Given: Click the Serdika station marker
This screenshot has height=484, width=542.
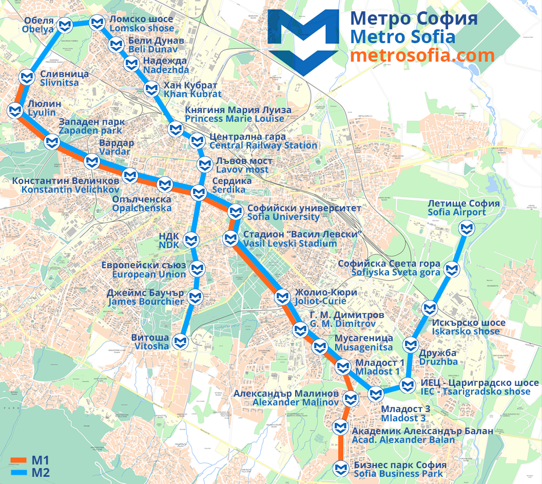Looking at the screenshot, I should pyautogui.click(x=199, y=193).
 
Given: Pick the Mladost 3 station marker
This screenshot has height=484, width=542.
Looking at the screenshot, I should pyautogui.click(x=376, y=395).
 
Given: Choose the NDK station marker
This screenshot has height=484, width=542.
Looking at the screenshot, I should pyautogui.click(x=191, y=239).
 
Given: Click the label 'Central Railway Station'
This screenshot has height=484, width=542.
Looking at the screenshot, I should pyautogui.click(x=263, y=145).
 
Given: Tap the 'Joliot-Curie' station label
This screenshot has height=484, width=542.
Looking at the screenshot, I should pyautogui.click(x=320, y=301).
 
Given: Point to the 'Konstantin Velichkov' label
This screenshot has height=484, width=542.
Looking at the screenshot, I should pyautogui.click(x=70, y=189).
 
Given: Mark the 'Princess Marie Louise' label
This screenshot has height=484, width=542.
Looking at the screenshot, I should pyautogui.click(x=235, y=119).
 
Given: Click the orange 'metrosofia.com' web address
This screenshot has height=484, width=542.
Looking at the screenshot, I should pyautogui.click(x=422, y=55).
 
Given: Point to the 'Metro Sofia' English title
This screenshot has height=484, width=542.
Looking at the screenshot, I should pyautogui.click(x=402, y=37).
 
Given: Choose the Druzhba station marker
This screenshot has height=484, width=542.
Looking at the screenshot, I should pyautogui.click(x=410, y=345).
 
